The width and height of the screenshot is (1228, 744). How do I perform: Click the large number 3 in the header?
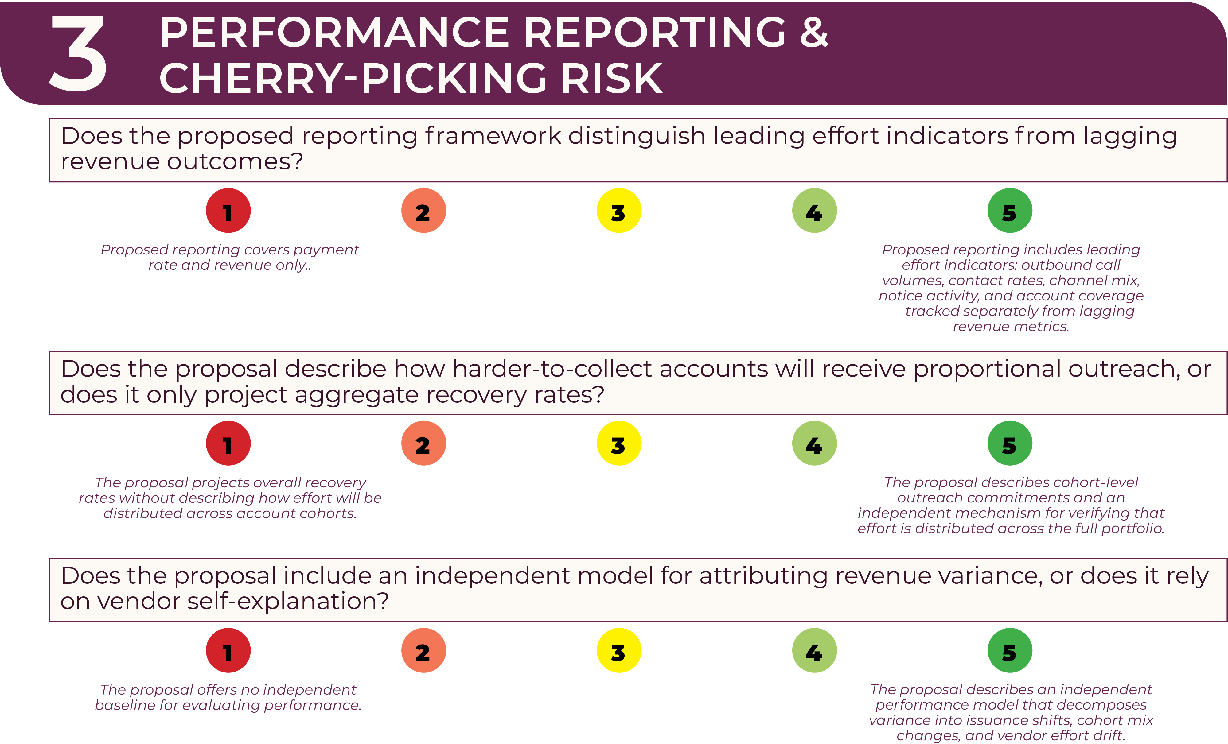click(78, 53)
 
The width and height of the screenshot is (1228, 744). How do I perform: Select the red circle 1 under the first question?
click(228, 210)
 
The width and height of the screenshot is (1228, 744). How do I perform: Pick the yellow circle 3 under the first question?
click(619, 210)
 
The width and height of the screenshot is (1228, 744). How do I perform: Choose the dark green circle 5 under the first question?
click(1010, 210)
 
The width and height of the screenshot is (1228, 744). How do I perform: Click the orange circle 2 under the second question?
click(424, 443)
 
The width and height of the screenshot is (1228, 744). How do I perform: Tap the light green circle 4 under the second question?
click(814, 443)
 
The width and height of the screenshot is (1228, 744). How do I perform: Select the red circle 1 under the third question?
click(228, 650)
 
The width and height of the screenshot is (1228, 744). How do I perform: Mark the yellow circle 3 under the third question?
click(619, 650)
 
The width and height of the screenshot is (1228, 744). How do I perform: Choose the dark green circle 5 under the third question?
click(1010, 650)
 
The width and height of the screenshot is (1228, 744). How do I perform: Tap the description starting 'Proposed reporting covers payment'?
click(230, 257)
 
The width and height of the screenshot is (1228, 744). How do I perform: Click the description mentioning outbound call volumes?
click(1011, 288)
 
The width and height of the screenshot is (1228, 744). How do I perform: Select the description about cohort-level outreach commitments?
click(1011, 505)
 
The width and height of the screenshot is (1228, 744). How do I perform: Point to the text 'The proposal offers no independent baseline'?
click(228, 697)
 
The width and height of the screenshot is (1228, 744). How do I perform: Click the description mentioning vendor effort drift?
click(1011, 712)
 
